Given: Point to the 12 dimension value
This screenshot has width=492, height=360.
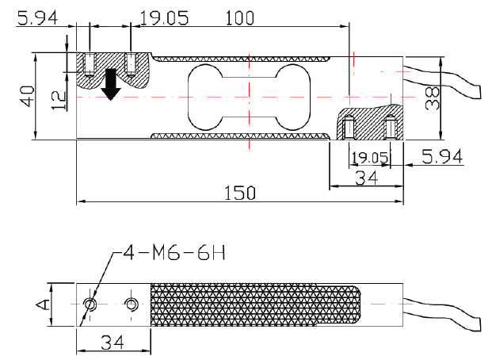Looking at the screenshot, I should tap(55, 99).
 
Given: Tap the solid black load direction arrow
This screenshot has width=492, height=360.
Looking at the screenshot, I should tap(111, 83).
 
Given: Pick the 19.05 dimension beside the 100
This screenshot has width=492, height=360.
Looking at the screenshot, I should tap(164, 17).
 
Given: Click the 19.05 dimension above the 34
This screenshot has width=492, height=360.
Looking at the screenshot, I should tap(369, 158).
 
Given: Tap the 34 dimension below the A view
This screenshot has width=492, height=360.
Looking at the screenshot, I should tap(110, 343).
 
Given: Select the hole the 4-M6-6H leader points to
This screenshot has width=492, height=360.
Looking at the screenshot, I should tap(91, 304).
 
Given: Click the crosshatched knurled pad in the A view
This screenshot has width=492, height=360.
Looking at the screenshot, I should tap(254, 304).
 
